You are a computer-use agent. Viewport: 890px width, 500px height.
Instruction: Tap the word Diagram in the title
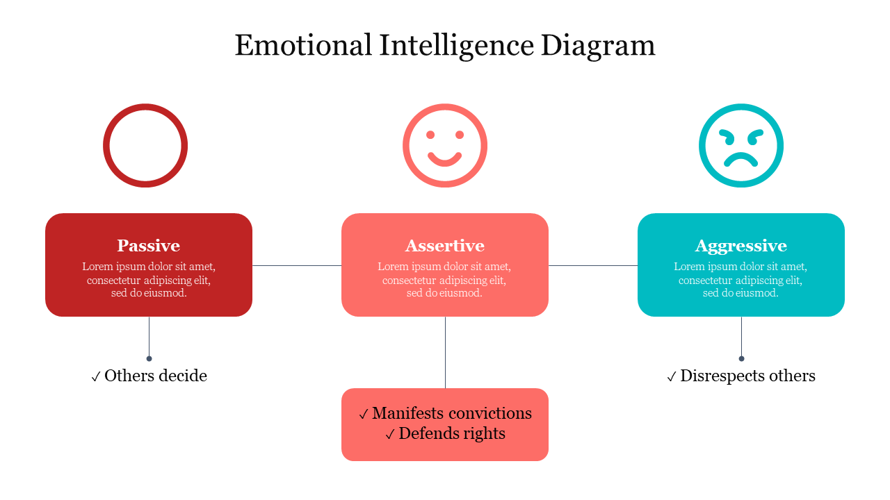598,47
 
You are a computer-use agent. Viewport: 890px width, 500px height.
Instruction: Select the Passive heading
149,246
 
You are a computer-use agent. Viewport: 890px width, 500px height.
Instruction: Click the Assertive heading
444,246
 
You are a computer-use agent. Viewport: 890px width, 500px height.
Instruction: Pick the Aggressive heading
741,247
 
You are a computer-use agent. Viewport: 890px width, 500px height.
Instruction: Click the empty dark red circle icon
106,146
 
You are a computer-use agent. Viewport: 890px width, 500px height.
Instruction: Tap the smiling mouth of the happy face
444,160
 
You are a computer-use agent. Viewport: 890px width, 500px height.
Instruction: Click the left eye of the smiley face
430,135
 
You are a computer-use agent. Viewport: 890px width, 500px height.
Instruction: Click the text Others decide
156,376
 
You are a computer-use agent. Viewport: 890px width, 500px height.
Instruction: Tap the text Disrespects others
747,376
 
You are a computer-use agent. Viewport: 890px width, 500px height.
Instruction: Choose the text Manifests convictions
452,413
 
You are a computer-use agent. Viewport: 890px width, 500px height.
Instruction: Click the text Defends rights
452,434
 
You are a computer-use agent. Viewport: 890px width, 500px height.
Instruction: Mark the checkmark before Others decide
95,376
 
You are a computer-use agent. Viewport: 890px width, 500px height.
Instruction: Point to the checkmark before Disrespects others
671,376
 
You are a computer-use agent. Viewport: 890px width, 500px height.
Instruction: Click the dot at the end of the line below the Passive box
149,359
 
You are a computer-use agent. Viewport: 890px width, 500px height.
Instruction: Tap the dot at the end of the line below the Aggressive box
741,359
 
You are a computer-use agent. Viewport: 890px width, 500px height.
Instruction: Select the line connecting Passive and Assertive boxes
297,265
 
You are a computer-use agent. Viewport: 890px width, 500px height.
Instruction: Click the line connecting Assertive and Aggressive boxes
593,265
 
